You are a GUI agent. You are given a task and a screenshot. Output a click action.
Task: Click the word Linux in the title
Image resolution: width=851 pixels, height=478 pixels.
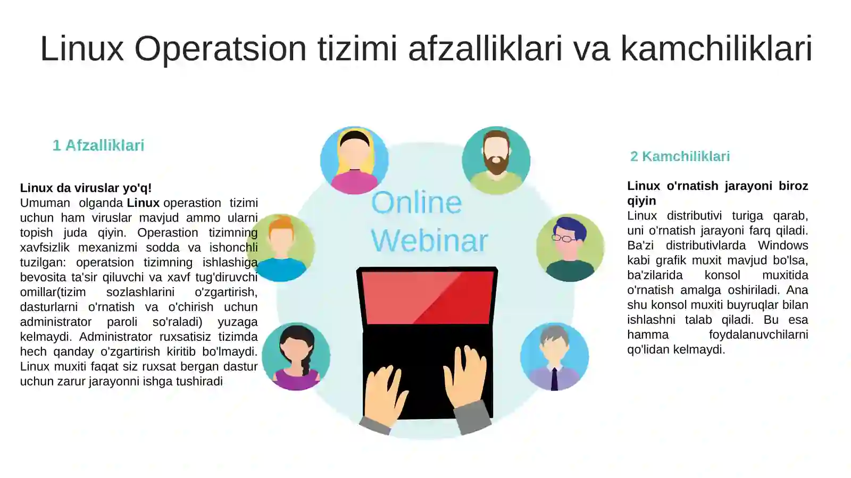pyautogui.click(x=81, y=49)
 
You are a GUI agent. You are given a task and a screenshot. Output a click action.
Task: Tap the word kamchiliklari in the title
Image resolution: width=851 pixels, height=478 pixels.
pyautogui.click(x=716, y=49)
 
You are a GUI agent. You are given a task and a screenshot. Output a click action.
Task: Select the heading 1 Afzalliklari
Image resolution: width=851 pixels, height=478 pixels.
pyautogui.click(x=98, y=145)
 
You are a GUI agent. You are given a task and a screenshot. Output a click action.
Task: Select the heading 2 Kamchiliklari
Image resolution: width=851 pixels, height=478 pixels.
pyautogui.click(x=680, y=156)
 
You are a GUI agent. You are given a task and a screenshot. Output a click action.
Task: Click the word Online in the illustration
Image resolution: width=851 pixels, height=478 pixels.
pyautogui.click(x=416, y=203)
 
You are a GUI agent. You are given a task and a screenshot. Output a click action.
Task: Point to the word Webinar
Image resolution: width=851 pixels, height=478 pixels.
pyautogui.click(x=429, y=241)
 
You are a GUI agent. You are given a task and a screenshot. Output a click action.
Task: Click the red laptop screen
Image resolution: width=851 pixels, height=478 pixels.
pyautogui.click(x=427, y=297)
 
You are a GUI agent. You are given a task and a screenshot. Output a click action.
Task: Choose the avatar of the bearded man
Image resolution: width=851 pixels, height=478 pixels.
pyautogui.click(x=496, y=160)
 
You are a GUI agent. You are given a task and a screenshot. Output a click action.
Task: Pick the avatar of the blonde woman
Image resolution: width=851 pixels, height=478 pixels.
pyautogui.click(x=354, y=160)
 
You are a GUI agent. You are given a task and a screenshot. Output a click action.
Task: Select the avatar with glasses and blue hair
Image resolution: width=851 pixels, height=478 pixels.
pyautogui.click(x=570, y=248)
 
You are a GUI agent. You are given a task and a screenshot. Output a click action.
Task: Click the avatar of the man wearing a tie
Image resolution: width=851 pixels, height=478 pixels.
pyautogui.click(x=554, y=356)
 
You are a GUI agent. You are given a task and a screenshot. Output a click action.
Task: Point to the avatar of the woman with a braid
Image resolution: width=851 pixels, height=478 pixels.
pyautogui.click(x=296, y=356)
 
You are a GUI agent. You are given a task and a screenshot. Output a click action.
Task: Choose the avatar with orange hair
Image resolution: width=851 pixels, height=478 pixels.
pyautogui.click(x=281, y=248)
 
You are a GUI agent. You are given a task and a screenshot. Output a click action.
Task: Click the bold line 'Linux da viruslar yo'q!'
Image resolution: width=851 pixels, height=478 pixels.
pyautogui.click(x=86, y=188)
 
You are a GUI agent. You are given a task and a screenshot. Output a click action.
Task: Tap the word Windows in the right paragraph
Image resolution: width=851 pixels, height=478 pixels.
pyautogui.click(x=782, y=245)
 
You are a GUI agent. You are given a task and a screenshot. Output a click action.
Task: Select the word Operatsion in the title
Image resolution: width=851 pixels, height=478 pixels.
pyautogui.click(x=220, y=49)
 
